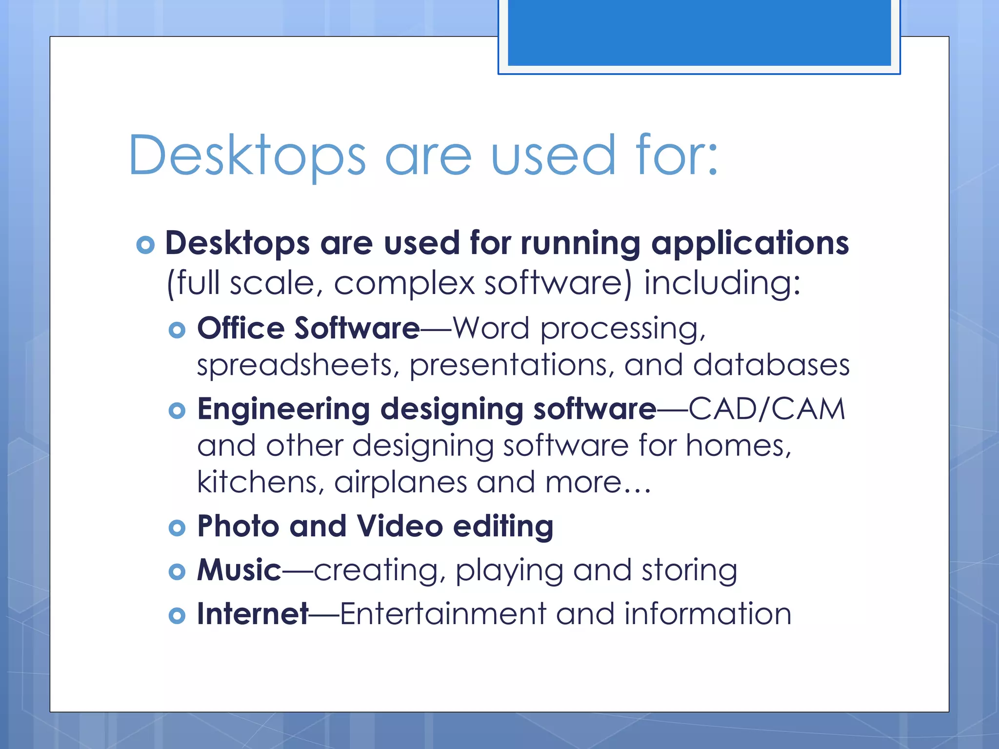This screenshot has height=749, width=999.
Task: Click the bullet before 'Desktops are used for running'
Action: (145, 244)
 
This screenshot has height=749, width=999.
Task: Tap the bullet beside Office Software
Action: (177, 330)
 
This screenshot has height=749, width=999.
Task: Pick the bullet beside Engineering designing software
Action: (177, 411)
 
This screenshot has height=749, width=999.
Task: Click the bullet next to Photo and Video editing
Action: (177, 528)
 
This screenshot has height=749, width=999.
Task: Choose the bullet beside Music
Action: (177, 572)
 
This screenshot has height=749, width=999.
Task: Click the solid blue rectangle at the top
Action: (699, 32)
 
